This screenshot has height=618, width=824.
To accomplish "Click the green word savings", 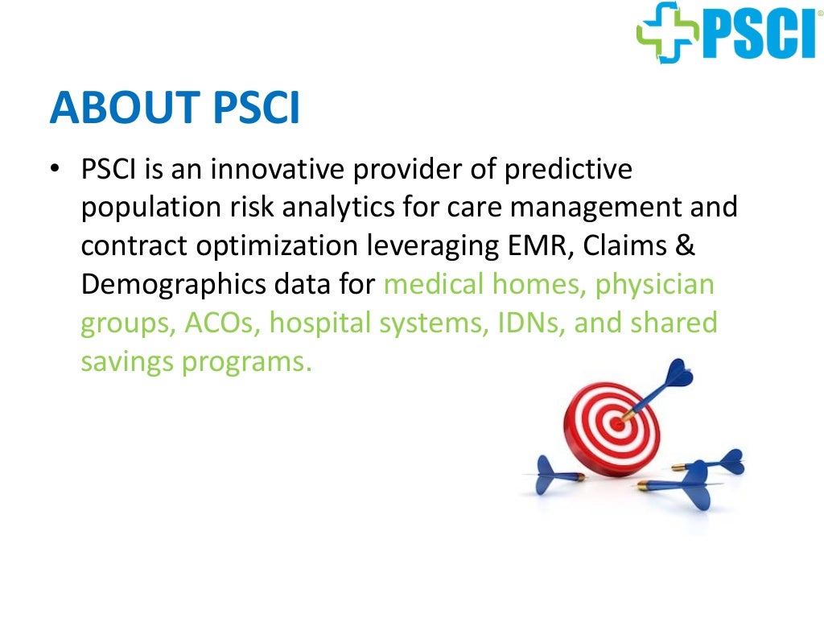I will (127, 361).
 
